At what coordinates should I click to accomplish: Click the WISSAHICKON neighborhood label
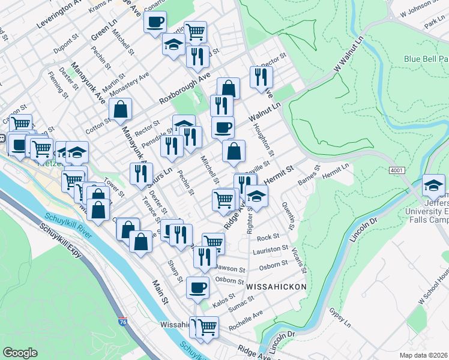(276, 287)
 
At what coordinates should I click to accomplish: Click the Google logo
(20, 352)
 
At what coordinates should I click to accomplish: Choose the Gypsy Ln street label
(340, 318)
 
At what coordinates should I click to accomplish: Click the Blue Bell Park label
(426, 59)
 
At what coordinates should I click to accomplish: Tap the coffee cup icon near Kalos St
(197, 287)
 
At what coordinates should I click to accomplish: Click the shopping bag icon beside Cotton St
(120, 109)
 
